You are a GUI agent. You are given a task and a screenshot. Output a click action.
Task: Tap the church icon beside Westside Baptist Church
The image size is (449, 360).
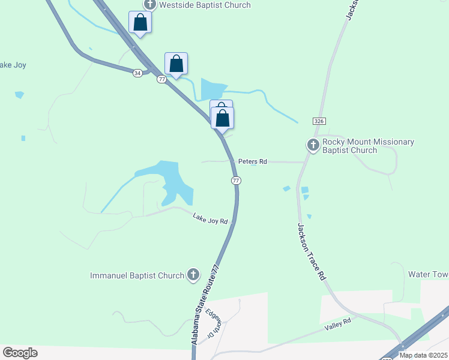tap(149, 5)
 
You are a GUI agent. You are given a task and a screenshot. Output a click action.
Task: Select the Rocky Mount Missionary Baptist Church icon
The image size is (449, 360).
tap(313, 145)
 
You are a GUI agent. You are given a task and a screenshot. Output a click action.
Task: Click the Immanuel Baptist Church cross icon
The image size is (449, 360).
tap(193, 275)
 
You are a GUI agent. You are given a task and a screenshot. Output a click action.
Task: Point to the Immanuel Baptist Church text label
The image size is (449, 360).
tap(137, 276)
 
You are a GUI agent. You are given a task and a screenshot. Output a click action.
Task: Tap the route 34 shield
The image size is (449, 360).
tap(138, 73)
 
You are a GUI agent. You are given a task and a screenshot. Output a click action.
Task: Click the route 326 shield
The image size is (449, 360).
tap(319, 121)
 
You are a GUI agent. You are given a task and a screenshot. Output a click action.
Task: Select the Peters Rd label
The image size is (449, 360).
tap(252, 161)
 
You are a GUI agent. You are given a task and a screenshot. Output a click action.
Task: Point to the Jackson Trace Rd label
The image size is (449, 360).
tap(311, 252)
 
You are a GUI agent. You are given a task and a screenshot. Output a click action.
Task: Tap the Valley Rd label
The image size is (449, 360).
tap(337, 323)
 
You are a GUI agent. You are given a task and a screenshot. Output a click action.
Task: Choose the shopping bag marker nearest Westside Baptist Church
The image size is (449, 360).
tap(140, 23)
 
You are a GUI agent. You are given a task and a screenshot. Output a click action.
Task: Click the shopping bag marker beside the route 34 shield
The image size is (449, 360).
tap(176, 64)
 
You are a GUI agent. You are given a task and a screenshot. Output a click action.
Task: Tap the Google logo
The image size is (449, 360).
tap(20, 353)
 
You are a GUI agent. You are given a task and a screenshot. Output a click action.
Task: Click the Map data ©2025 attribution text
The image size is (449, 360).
tap(423, 355)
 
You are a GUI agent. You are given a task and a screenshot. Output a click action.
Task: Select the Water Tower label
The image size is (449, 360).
tap(428, 274)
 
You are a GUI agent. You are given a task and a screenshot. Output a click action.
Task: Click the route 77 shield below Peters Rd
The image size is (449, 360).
tap(236, 181)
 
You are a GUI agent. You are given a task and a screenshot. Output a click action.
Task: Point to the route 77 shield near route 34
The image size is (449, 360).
tap(161, 79)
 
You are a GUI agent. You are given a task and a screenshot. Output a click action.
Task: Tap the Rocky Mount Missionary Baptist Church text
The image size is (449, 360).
tap(368, 146)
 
